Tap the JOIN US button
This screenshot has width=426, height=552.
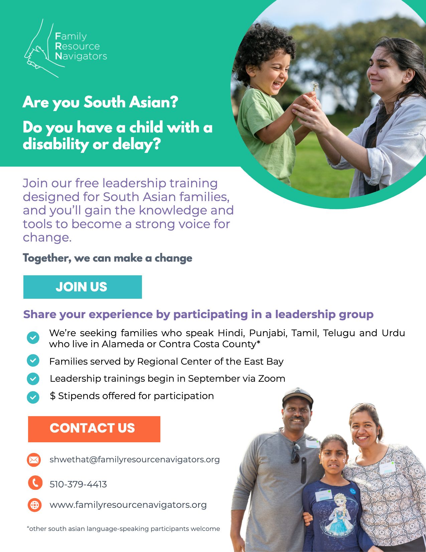(x=83, y=287)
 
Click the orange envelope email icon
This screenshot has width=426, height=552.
(x=34, y=460)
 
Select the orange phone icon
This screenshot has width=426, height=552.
(x=35, y=482)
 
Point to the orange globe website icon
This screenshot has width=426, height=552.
(x=34, y=505)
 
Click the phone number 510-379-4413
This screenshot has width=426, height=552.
(x=78, y=484)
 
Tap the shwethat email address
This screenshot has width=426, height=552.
(x=134, y=460)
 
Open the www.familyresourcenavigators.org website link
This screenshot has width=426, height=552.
(x=128, y=505)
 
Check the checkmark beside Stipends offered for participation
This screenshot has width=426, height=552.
(x=33, y=397)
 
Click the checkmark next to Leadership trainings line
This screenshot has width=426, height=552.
(x=33, y=379)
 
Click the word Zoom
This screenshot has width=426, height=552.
(x=272, y=378)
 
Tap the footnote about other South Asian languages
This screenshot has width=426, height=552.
(x=123, y=529)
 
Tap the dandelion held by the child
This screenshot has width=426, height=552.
(x=315, y=86)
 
